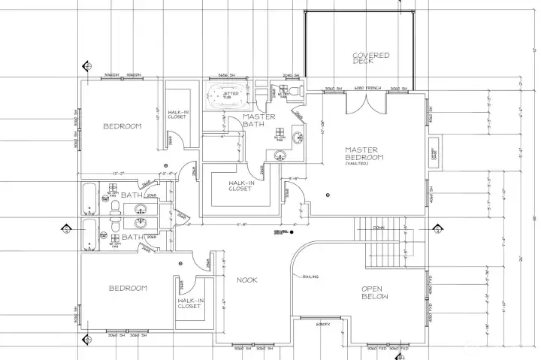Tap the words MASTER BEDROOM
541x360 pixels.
[x=364, y=153]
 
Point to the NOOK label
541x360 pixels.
[x=247, y=280]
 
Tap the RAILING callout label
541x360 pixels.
[x=311, y=277]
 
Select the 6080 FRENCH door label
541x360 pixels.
[x=368, y=89]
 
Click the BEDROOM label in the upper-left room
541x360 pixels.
[x=122, y=126]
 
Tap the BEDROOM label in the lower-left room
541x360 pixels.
[x=128, y=288]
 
